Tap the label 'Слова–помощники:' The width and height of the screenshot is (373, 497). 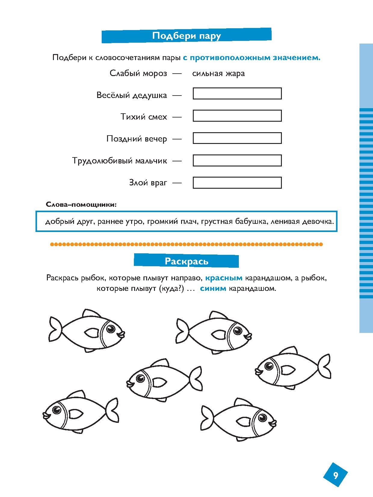[81, 205]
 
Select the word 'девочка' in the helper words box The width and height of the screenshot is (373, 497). [318, 221]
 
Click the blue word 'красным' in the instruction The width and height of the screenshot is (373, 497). [224, 278]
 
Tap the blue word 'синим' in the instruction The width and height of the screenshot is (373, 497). [213, 289]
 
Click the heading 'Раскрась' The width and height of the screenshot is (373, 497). [186, 261]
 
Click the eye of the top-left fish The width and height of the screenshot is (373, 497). [111, 328]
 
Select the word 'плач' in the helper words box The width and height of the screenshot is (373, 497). [190, 221]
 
